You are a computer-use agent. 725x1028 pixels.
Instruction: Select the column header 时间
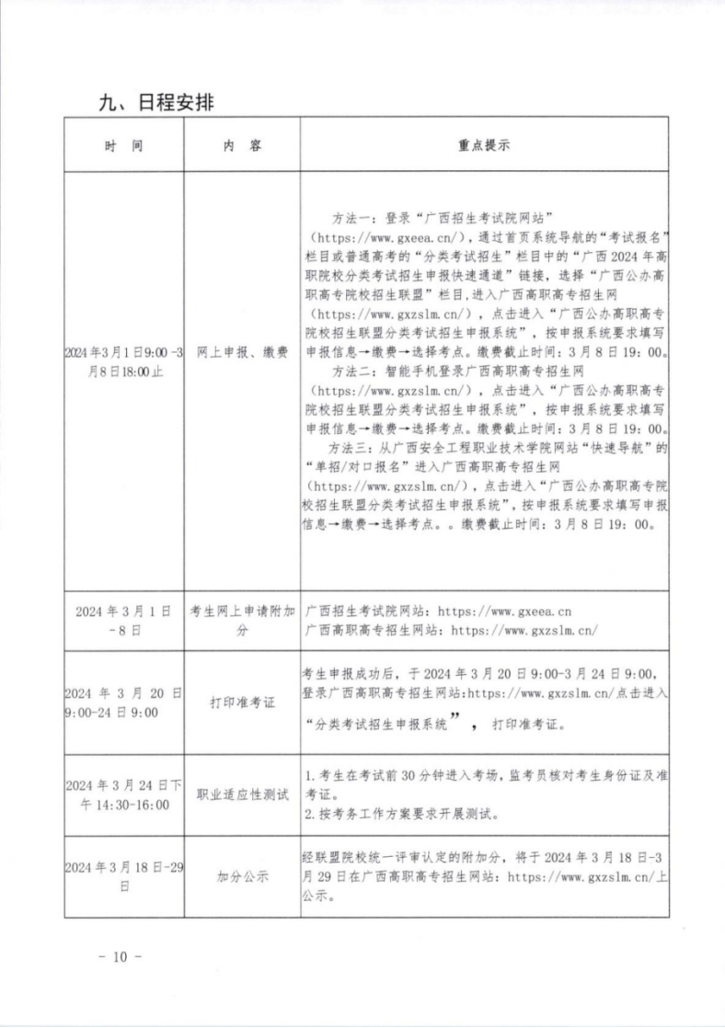click(x=123, y=145)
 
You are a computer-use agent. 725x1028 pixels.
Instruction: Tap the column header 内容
click(x=242, y=145)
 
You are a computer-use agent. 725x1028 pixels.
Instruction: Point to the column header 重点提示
click(x=484, y=145)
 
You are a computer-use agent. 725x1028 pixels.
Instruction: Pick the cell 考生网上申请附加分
click(x=242, y=619)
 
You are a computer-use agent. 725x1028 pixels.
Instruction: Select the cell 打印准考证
click(x=242, y=702)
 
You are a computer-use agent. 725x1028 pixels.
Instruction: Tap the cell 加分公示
click(x=242, y=877)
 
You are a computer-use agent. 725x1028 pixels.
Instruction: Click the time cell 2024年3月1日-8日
click(x=123, y=619)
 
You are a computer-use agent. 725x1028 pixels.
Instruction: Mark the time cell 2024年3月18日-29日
click(x=123, y=877)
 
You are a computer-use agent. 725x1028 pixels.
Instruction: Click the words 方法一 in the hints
click(x=353, y=218)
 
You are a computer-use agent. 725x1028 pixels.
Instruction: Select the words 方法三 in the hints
click(x=353, y=449)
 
